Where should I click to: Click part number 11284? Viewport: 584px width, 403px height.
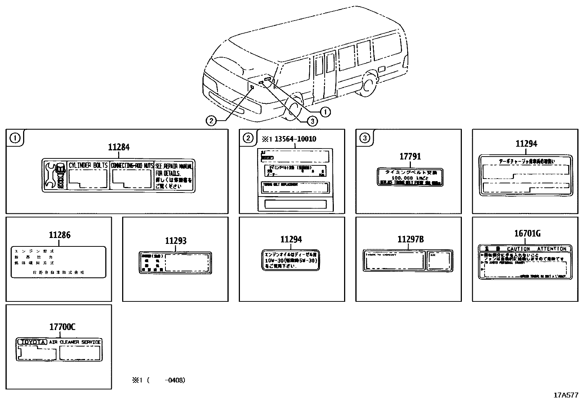pyautogui.click(x=118, y=147)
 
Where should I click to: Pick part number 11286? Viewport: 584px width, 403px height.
pyautogui.click(x=59, y=235)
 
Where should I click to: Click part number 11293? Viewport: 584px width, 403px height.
pyautogui.click(x=176, y=241)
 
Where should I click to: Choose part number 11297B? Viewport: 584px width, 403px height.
pyautogui.click(x=410, y=239)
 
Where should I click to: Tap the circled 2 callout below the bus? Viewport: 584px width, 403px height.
pyautogui.click(x=211, y=120)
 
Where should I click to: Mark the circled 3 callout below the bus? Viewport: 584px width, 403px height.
pyautogui.click(x=312, y=120)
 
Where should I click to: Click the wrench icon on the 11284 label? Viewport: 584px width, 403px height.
pyautogui.click(x=51, y=175)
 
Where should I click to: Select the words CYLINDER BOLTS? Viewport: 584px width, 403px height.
pyautogui.click(x=88, y=165)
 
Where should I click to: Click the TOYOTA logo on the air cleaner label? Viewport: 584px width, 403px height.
pyautogui.click(x=32, y=342)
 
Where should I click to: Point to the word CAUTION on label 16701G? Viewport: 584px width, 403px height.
pyautogui.click(x=518, y=249)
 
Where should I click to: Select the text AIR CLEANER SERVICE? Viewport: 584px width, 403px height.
pyautogui.click(x=75, y=342)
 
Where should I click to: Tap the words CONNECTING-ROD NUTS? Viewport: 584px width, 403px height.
pyautogui.click(x=132, y=166)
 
